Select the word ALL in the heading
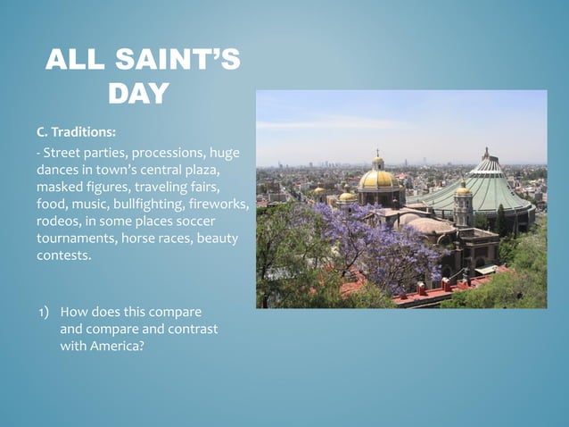tap(76, 61)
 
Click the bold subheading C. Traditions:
tap(76, 132)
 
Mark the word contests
tap(63, 255)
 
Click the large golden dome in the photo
tap(378, 178)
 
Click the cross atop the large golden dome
tap(378, 154)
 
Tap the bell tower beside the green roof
tap(463, 205)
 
